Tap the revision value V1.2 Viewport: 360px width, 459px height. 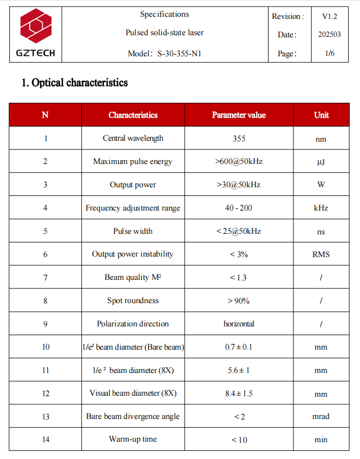[330, 16]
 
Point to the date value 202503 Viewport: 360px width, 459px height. [330, 35]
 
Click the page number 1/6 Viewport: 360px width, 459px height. [330, 54]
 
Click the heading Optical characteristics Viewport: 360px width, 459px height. [74, 83]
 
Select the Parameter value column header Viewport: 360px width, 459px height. [239, 115]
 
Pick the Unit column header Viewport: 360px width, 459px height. [321, 115]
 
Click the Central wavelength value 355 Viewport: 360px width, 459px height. [239, 139]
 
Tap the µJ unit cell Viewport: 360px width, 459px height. [321, 162]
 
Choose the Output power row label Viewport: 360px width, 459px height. [133, 185]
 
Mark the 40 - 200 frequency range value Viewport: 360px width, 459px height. [239, 208]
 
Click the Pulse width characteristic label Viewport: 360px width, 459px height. [133, 231]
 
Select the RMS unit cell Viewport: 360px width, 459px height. [321, 254]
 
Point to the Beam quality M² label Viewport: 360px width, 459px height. [133, 277]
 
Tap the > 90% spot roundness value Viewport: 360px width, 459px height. [239, 300]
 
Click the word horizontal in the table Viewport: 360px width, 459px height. [239, 324]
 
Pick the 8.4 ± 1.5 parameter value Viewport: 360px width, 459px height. [239, 394]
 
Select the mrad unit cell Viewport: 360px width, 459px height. [321, 416]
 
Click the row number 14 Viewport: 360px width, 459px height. [45, 440]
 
